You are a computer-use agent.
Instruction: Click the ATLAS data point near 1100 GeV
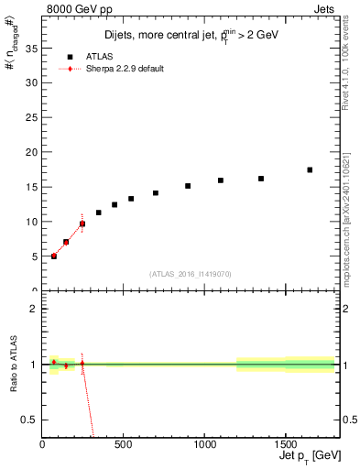click(x=221, y=180)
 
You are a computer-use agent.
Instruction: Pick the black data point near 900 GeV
click(x=188, y=186)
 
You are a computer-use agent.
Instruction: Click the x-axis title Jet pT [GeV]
click(x=311, y=457)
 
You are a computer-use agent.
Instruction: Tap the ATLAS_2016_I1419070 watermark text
click(x=191, y=273)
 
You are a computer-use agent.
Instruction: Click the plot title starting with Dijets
click(x=191, y=35)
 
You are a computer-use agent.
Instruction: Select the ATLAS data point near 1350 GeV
click(x=261, y=179)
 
